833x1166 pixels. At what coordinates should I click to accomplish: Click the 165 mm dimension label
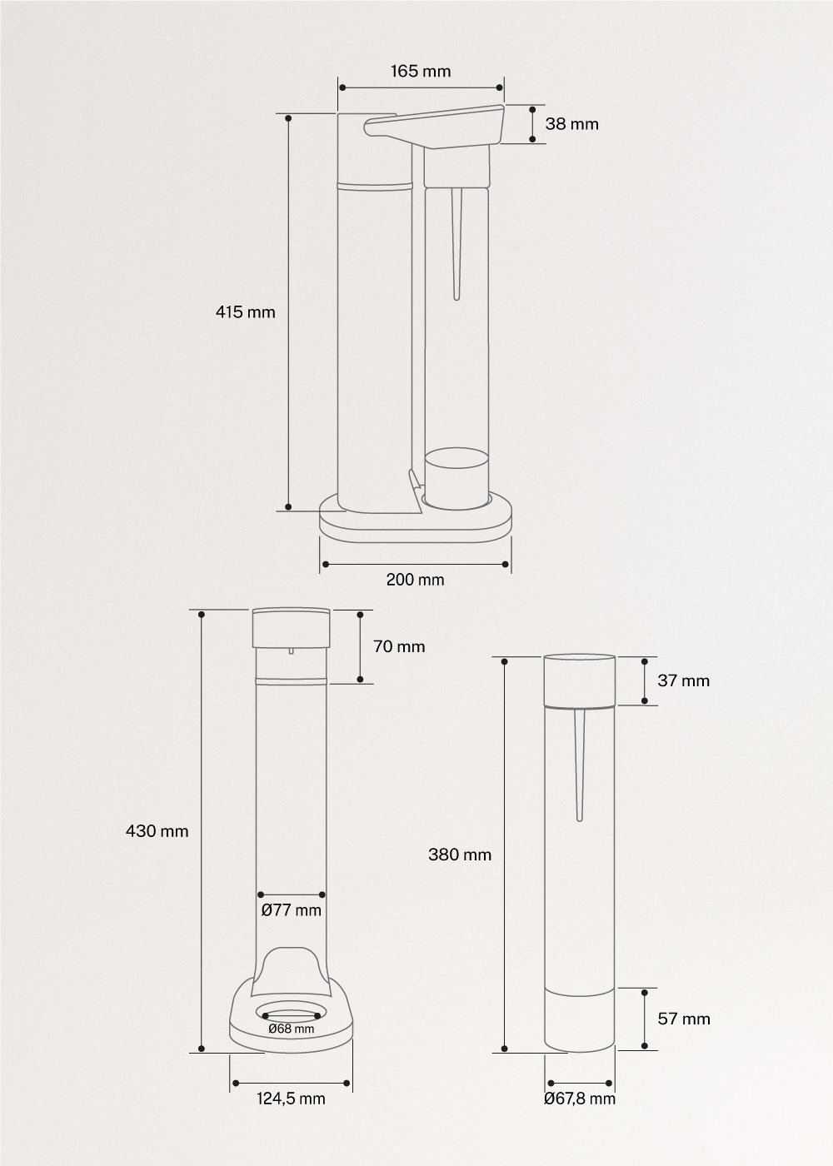421,71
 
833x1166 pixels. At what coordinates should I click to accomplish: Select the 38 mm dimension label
571,124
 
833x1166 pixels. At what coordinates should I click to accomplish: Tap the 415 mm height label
245,312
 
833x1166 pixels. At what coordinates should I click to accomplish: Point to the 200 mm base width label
415,580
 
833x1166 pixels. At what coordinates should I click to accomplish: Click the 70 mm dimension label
399,646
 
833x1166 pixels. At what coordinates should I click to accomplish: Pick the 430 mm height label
168,830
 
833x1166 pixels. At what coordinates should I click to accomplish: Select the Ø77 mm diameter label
291,909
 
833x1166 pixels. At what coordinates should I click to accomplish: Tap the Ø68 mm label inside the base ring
292,1029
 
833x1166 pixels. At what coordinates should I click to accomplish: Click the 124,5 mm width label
291,1099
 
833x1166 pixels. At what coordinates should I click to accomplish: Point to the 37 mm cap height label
683,680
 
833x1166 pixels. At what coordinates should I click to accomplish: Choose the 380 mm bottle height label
460,854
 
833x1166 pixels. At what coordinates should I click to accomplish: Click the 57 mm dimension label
684,1019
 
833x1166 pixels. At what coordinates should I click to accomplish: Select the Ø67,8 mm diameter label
580,1099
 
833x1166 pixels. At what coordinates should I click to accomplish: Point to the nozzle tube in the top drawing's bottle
456,242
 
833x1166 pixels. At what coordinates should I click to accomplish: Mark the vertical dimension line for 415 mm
288,312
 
